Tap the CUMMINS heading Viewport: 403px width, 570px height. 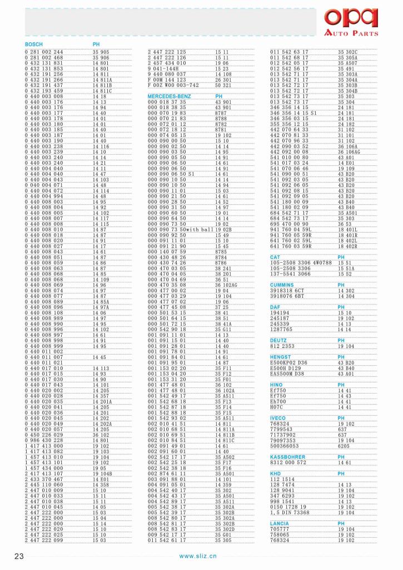click(282, 284)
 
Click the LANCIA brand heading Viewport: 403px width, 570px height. click(280, 524)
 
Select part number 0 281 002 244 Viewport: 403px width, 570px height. click(44, 52)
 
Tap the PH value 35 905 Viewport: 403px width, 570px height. click(101, 52)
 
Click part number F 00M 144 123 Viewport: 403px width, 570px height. click(167, 81)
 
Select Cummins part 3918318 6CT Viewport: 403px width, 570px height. click(287, 291)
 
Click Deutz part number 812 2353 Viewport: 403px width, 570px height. click(282, 346)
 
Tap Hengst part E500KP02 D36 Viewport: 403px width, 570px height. click(288, 363)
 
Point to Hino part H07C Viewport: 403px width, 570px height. click(277, 407)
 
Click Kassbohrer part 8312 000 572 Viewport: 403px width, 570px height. click(288, 463)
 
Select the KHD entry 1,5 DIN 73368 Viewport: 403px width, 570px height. click(290, 512)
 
